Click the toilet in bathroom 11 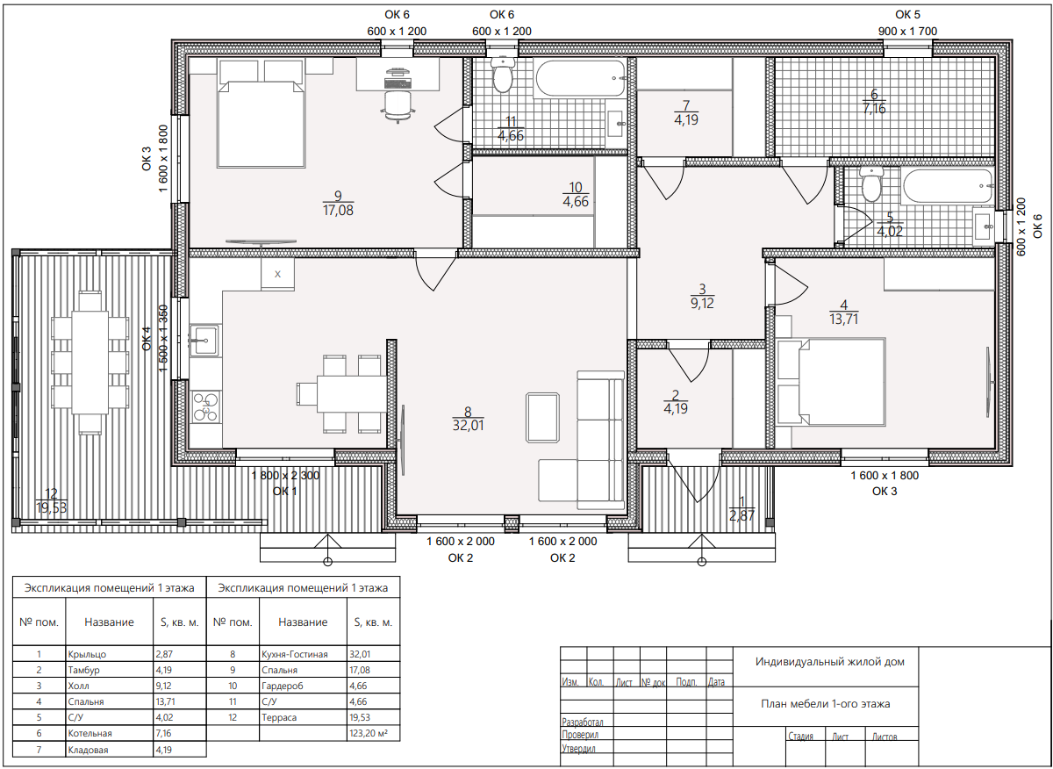click(502, 75)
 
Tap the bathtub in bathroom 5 click(947, 186)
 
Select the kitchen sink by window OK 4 click(205, 340)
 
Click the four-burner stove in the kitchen click(206, 406)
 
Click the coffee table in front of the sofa click(542, 418)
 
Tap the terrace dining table click(90, 363)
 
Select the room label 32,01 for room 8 click(468, 425)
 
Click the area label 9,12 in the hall click(702, 303)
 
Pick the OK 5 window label click(907, 15)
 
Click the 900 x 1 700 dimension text click(907, 32)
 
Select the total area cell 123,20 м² click(368, 733)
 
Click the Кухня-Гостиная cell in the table click(295, 654)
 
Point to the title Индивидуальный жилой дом click(830, 662)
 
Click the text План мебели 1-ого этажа click(826, 704)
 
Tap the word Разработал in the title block click(583, 722)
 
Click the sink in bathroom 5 click(984, 227)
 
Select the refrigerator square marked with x click(278, 274)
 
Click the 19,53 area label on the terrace click(51, 508)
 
